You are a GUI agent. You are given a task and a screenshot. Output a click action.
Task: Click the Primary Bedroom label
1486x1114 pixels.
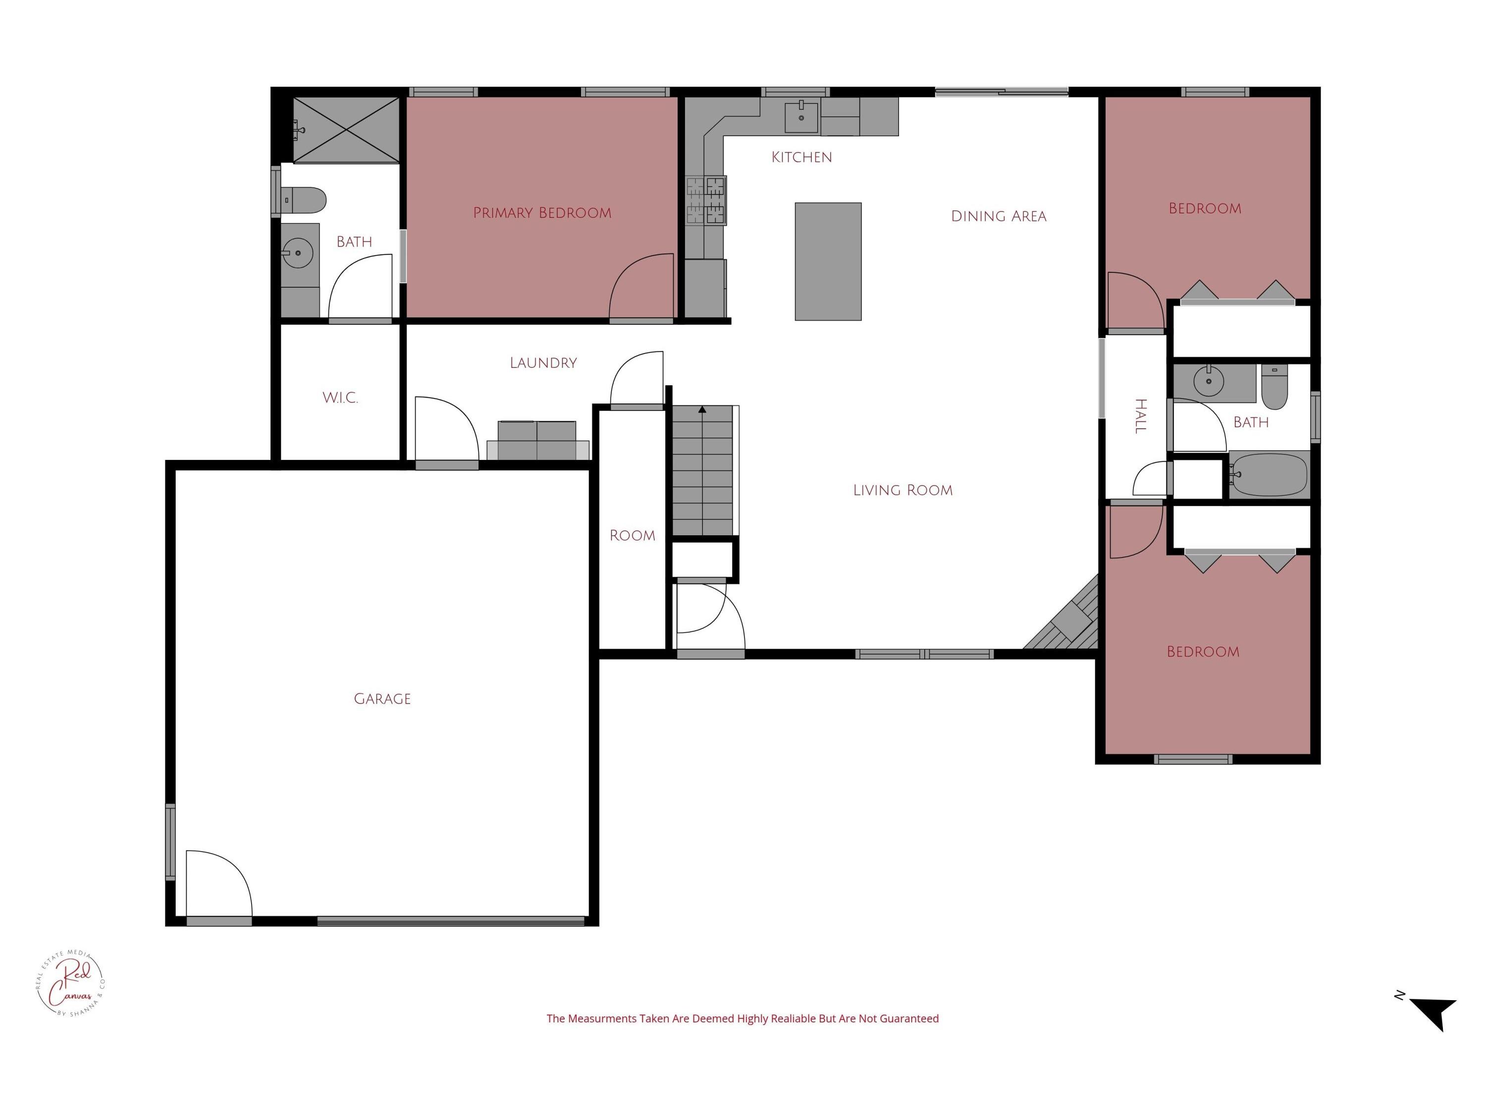pyautogui.click(x=542, y=213)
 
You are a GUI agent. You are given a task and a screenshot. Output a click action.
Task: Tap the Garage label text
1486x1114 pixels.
pyautogui.click(x=382, y=699)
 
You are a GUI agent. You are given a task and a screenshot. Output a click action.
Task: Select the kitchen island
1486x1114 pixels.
pyautogui.click(x=828, y=261)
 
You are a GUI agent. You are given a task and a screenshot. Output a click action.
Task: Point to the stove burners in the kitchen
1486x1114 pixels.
pyautogui.click(x=706, y=200)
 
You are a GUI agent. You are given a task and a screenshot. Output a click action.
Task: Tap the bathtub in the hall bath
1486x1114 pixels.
pyautogui.click(x=1269, y=475)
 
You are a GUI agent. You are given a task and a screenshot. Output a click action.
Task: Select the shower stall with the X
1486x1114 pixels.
pyautogui.click(x=346, y=130)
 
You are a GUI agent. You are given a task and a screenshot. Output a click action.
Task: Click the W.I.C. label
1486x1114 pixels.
pyautogui.click(x=340, y=398)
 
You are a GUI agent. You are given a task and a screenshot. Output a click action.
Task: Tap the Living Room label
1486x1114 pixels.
pyautogui.click(x=902, y=490)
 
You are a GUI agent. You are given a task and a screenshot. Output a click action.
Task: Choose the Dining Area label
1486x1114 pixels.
pyautogui.click(x=998, y=216)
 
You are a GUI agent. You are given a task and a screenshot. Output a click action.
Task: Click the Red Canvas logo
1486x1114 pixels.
pyautogui.click(x=70, y=984)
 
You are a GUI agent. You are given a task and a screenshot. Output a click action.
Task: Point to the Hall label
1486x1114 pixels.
pyautogui.click(x=1140, y=416)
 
